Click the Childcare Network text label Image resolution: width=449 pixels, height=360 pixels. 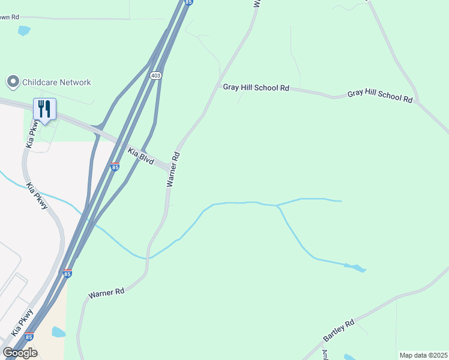56,82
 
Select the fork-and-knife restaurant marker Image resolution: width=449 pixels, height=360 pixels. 44,109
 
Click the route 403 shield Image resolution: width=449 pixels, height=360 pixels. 156,76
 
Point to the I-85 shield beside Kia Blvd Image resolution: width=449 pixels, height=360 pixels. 115,167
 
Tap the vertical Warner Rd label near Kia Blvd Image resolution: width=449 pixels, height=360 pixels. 173,169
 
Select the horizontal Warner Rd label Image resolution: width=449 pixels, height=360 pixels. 106,293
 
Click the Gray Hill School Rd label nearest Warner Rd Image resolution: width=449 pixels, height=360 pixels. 256,88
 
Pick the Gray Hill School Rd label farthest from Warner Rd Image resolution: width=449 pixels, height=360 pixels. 380,97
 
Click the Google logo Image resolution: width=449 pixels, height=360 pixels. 20,352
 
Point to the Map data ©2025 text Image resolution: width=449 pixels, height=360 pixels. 423,355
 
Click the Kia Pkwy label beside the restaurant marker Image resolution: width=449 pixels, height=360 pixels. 32,133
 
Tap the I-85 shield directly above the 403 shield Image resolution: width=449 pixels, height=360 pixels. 188,2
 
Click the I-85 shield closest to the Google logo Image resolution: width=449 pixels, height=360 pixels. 29,338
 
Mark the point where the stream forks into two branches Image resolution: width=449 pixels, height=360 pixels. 277,206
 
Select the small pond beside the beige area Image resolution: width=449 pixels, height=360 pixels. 58,332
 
